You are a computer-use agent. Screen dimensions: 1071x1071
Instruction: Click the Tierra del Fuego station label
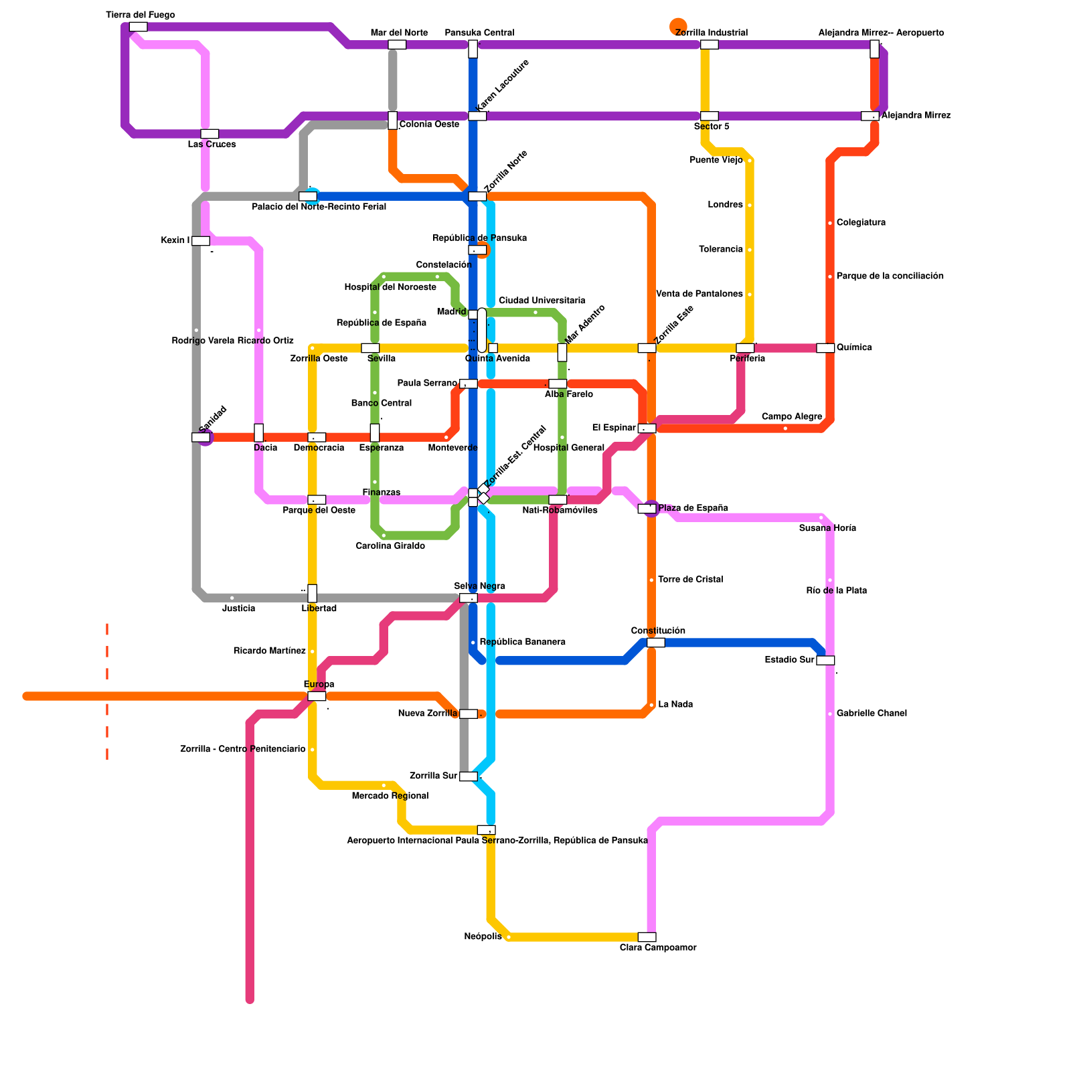141,15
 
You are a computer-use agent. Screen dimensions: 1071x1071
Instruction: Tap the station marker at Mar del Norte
397,45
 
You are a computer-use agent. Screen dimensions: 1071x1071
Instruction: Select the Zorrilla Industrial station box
710,45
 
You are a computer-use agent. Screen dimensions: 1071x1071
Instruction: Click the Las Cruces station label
212,145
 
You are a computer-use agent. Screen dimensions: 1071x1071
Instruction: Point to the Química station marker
825,348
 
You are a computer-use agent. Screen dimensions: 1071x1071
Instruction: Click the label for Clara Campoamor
658,948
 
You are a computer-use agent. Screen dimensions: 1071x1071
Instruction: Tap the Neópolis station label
483,936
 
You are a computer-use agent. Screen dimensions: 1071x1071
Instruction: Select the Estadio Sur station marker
825,661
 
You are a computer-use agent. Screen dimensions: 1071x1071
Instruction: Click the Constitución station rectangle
656,643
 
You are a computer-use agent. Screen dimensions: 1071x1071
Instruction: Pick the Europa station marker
317,696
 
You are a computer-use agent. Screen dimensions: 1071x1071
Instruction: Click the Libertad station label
319,609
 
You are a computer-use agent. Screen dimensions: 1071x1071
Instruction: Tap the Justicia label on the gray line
238,609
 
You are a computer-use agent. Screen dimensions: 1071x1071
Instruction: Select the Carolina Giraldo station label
390,546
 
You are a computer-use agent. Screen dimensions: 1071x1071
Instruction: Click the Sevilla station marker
370,348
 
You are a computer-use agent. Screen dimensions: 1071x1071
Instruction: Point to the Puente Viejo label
716,160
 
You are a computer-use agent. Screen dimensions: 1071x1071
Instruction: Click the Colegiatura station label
861,223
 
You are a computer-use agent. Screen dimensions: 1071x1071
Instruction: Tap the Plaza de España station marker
647,509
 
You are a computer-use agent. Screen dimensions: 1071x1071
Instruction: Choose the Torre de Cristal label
690,580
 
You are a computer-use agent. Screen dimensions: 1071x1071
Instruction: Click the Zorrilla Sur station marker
469,776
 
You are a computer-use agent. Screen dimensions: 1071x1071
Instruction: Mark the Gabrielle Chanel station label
872,714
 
